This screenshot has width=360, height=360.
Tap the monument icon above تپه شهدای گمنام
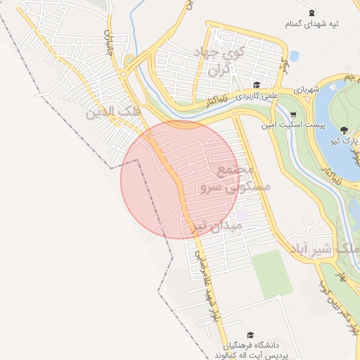[312, 13]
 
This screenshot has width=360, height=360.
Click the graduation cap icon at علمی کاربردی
[257, 84]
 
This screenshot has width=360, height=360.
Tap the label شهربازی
[307, 89]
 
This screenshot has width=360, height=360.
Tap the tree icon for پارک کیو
[344, 130]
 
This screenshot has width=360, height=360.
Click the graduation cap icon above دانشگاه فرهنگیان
[250, 336]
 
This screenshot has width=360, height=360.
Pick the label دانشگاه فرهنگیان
[253, 346]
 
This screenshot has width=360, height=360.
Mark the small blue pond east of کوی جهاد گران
[294, 56]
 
